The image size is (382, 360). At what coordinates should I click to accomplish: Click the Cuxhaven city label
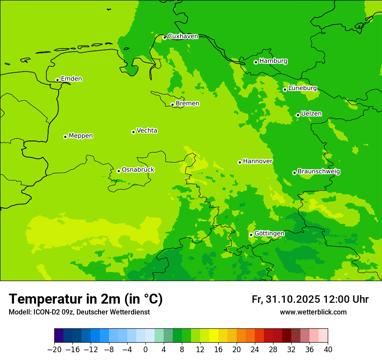click(x=183, y=36)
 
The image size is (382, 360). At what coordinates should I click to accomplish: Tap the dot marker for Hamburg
click(x=256, y=62)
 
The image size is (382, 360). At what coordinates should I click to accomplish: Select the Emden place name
click(x=71, y=79)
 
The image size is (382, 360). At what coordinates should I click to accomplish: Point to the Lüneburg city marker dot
click(x=285, y=89)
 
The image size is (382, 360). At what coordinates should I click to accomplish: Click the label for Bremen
click(x=188, y=104)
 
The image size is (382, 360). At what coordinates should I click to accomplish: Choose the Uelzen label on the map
click(x=311, y=114)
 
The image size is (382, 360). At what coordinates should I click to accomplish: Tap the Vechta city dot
click(x=133, y=132)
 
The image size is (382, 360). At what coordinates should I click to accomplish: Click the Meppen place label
click(x=81, y=136)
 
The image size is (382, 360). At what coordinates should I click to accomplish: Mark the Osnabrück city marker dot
click(x=119, y=171)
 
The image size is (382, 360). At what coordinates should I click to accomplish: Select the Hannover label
click(x=257, y=161)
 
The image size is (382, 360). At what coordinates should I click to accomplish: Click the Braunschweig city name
click(x=319, y=172)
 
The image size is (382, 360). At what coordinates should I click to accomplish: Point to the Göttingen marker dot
click(x=251, y=235)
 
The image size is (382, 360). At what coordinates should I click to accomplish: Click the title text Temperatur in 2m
click(x=86, y=299)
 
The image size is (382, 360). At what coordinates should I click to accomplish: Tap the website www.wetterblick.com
click(x=313, y=312)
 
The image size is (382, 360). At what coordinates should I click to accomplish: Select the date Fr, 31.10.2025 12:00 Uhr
click(x=310, y=299)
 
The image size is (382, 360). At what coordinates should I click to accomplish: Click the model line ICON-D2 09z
click(x=79, y=312)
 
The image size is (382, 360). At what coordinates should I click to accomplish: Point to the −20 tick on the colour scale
click(x=54, y=350)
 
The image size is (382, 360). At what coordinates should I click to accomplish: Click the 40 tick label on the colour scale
click(x=328, y=350)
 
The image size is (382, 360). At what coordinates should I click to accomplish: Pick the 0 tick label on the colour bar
click(x=145, y=350)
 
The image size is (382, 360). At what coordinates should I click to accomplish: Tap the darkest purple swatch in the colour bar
click(x=59, y=336)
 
